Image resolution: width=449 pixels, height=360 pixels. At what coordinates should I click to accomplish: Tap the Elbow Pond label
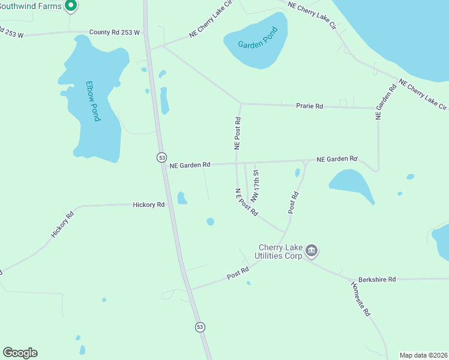(92, 101)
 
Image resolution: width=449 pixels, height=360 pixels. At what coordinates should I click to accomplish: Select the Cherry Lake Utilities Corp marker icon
(311, 250)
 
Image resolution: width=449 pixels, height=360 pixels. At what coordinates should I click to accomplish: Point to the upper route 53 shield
(161, 157)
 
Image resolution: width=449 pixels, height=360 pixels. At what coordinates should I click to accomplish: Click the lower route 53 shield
(200, 326)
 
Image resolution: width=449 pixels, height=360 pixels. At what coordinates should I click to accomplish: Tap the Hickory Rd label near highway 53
(149, 205)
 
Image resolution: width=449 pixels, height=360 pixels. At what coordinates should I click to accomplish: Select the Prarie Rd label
(310, 106)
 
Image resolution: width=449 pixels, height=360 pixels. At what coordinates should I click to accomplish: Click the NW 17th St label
(255, 185)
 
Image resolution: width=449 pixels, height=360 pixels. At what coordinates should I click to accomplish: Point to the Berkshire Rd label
(377, 280)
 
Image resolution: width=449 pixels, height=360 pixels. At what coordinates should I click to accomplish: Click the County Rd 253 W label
(114, 32)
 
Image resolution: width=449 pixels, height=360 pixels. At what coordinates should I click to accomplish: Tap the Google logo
(20, 353)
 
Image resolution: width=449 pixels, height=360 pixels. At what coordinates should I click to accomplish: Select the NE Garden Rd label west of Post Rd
(190, 164)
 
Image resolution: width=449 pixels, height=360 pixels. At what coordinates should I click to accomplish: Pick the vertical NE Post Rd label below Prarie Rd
(238, 133)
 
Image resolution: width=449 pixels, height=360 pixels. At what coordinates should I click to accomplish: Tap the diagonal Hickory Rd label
(62, 224)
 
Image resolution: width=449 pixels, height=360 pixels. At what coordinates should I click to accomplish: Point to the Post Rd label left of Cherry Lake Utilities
(238, 273)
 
